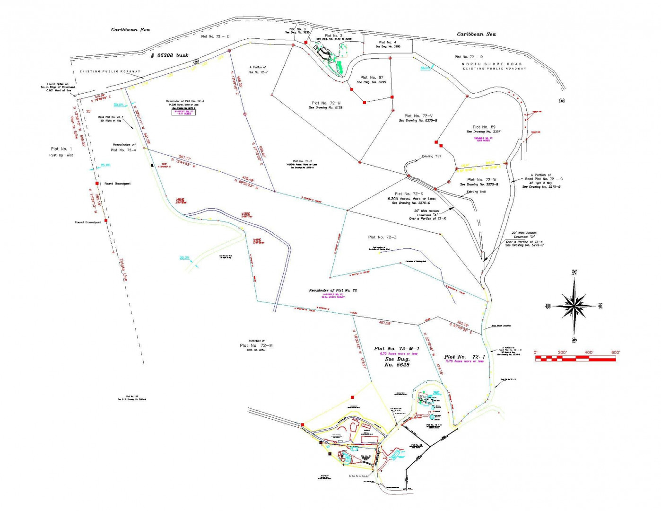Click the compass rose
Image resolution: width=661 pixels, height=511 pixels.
[574, 306]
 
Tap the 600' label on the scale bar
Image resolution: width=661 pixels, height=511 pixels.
[615, 352]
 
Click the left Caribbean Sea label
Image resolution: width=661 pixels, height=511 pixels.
[130, 30]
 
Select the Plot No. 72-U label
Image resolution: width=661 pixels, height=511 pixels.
[326, 103]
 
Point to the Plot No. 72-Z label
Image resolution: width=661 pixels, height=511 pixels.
[382, 237]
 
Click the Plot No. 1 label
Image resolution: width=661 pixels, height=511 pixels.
[61, 149]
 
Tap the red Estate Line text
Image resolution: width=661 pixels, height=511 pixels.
[123, 270]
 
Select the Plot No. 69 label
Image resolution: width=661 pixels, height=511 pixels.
[484, 127]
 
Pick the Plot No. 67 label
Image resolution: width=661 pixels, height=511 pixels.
[372, 78]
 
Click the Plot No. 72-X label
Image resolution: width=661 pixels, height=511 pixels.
[409, 194]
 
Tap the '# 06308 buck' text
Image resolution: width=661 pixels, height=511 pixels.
[169, 55]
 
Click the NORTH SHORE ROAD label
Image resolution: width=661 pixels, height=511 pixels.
[492, 64]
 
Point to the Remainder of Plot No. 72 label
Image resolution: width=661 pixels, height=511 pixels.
[333, 290]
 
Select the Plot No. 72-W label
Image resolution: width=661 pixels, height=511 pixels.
[482, 180]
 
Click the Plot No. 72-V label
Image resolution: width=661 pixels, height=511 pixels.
[418, 116]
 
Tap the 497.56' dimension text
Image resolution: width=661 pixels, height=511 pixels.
[385, 323]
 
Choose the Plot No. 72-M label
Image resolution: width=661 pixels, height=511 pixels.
[256, 345]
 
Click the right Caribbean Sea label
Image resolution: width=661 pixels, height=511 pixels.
[476, 34]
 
